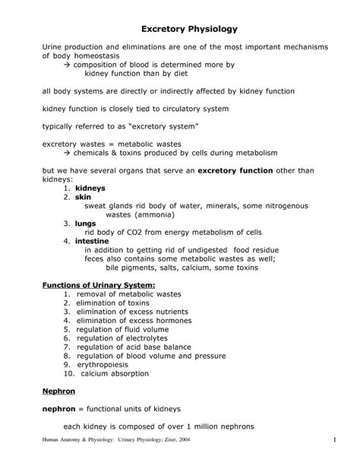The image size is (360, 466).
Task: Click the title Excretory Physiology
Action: click(180, 29)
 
